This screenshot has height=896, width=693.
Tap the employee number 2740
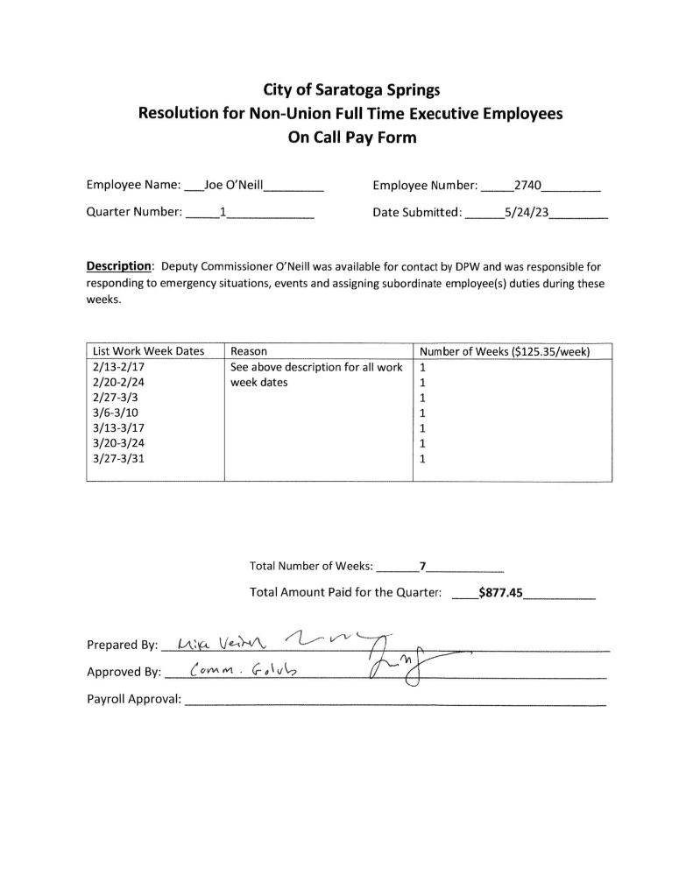pyautogui.click(x=528, y=185)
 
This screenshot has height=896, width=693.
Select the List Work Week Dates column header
pyautogui.click(x=148, y=351)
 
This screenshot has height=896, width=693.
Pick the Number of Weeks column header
pyautogui.click(x=505, y=351)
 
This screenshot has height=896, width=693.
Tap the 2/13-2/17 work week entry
pyautogui.click(x=117, y=367)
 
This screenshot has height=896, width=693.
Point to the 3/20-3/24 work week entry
pyautogui.click(x=117, y=442)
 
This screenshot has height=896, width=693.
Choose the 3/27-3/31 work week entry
pyautogui.click(x=117, y=457)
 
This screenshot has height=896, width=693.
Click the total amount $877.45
pyautogui.click(x=500, y=593)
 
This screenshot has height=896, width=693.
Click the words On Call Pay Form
pyautogui.click(x=352, y=138)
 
